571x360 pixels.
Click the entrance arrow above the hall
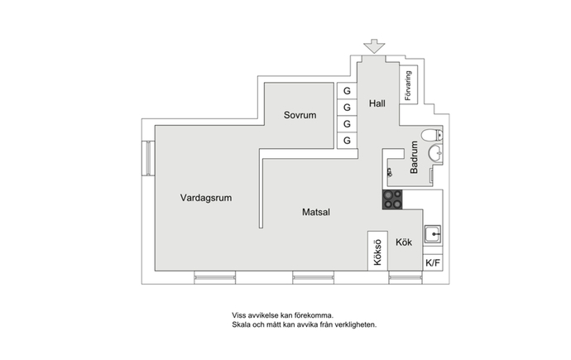[x=374, y=46]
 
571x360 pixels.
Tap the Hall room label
[x=377, y=103]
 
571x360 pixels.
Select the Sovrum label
[x=300, y=115]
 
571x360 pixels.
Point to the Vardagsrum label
[x=206, y=198]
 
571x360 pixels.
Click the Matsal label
[x=316, y=212]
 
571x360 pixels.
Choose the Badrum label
[x=414, y=157]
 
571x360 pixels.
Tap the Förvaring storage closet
[x=408, y=84]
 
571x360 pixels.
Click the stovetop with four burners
[x=392, y=199]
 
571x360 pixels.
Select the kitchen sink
[x=433, y=234]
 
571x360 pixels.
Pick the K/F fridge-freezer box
[x=433, y=262]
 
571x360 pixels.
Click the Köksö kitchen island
[x=377, y=251]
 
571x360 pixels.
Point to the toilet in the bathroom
[x=432, y=136]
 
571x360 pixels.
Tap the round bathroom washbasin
[x=435, y=153]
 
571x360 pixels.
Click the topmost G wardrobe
[x=347, y=91]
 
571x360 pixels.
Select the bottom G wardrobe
[x=347, y=140]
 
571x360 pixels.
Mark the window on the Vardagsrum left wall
[x=148, y=158]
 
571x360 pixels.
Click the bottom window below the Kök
[x=405, y=277]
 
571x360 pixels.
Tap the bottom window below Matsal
[x=313, y=277]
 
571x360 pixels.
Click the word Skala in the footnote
[x=241, y=324]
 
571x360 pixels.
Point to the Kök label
[x=404, y=242]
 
